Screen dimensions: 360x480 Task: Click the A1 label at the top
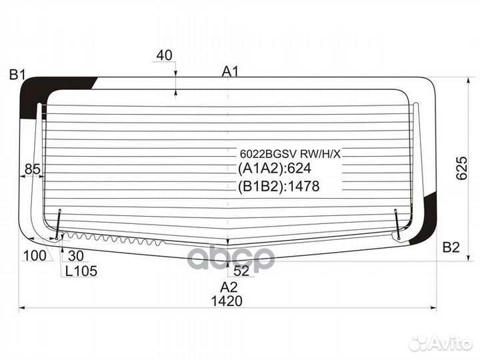[230, 71]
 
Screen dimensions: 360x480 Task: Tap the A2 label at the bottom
[229, 287]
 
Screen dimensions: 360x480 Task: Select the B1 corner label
[17, 75]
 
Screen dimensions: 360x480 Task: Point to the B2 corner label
[451, 247]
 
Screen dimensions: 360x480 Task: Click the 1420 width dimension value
[228, 301]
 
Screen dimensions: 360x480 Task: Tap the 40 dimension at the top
[163, 56]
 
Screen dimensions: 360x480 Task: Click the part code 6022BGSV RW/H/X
[290, 154]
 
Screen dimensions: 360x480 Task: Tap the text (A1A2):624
[275, 169]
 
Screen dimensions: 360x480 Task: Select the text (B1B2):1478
[279, 187]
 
